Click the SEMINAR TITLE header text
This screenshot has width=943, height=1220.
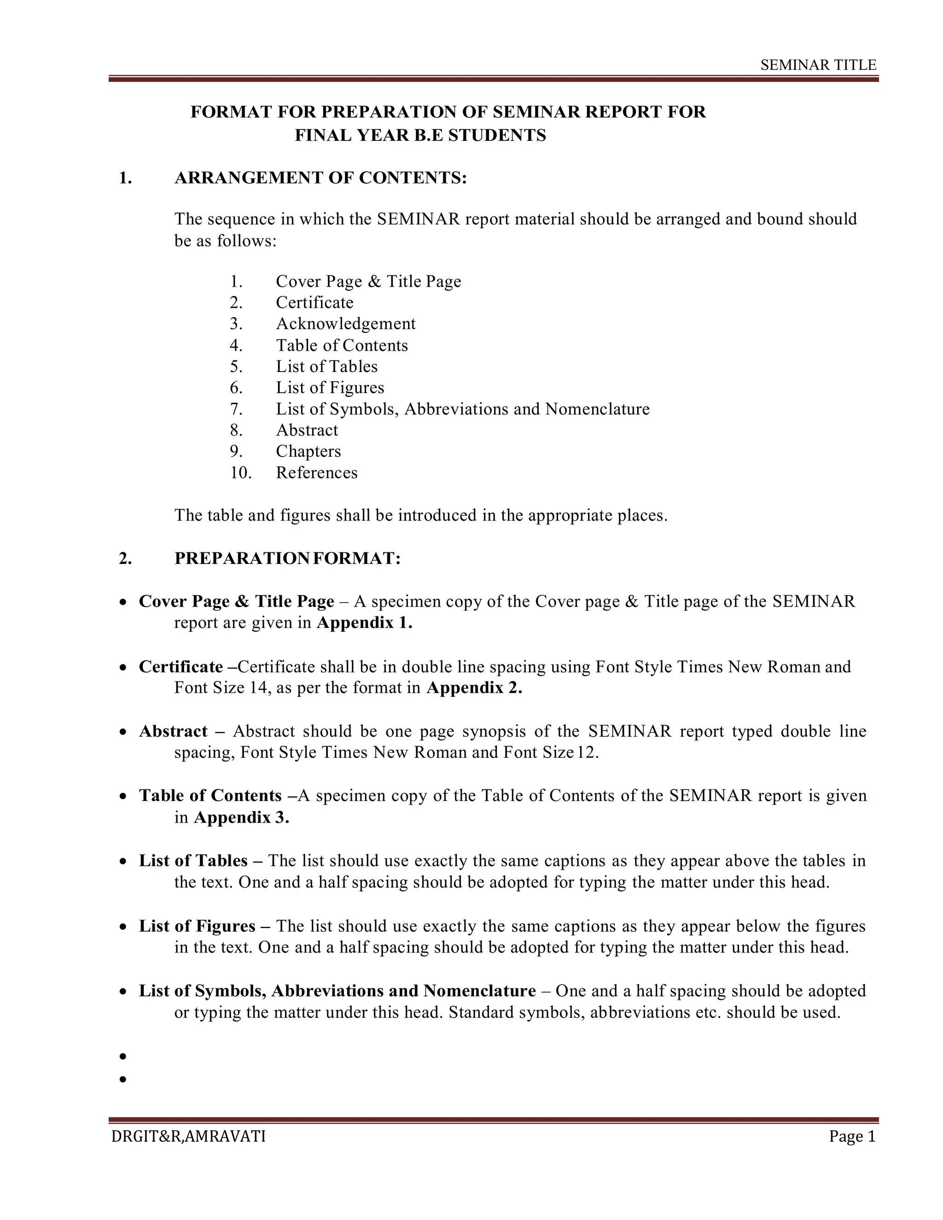(818, 65)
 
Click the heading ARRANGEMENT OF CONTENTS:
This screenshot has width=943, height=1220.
(320, 178)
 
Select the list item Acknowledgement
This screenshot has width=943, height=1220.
(345, 324)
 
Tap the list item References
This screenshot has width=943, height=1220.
(316, 473)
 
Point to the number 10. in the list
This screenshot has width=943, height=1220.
(240, 473)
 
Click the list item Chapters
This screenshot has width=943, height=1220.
(308, 451)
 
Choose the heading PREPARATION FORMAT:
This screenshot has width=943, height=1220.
(287, 558)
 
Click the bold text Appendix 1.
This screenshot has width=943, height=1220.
(364, 622)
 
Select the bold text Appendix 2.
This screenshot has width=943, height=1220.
(474, 688)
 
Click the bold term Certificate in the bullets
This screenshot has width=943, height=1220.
(180, 667)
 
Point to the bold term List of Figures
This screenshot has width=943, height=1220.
(197, 926)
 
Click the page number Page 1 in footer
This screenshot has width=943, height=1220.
(852, 1136)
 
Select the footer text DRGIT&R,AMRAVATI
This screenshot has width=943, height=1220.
(188, 1136)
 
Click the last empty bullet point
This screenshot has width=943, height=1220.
(123, 1079)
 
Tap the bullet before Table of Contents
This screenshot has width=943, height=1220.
(123, 796)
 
